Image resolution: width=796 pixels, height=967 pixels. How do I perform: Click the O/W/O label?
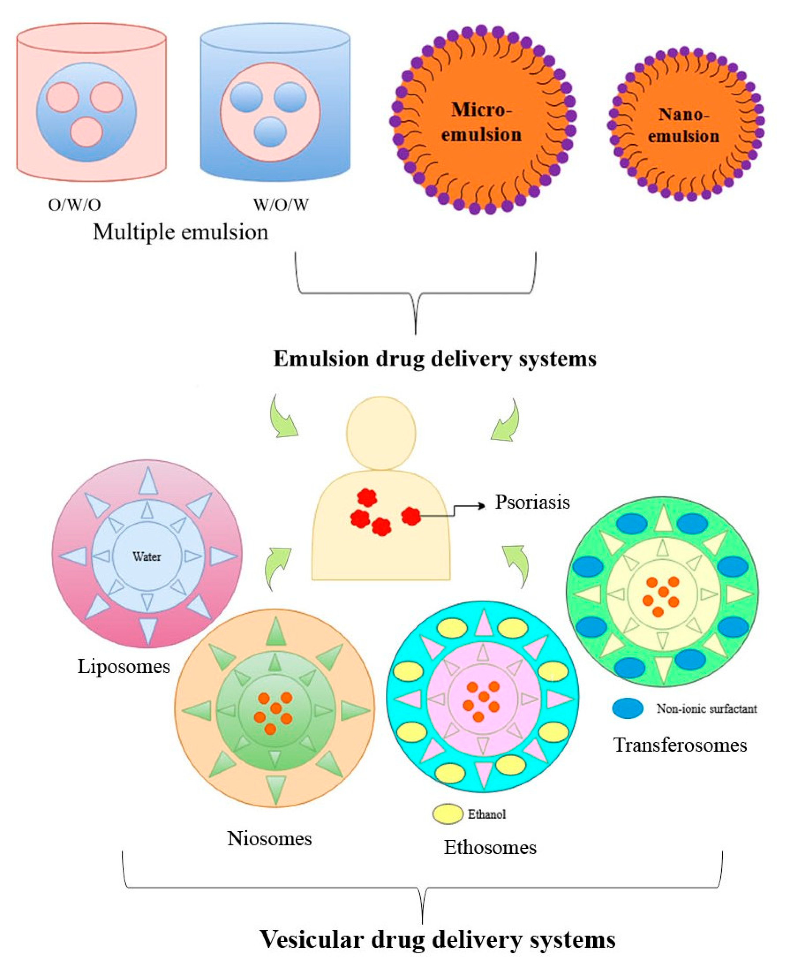coord(74,205)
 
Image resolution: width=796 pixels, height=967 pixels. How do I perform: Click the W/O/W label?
coord(281,205)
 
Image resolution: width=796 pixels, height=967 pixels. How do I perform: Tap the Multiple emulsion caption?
coord(181,232)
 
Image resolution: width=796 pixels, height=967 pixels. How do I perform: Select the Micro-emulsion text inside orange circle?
coord(482,122)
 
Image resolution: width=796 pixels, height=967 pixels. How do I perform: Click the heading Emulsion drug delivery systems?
coord(435,359)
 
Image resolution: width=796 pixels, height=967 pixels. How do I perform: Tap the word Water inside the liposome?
coord(147,557)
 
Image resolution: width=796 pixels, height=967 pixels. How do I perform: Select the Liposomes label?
coord(124,666)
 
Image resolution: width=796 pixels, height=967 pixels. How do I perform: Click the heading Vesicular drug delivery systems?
coord(437,940)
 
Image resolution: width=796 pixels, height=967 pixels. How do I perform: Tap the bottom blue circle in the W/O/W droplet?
coord(270,132)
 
